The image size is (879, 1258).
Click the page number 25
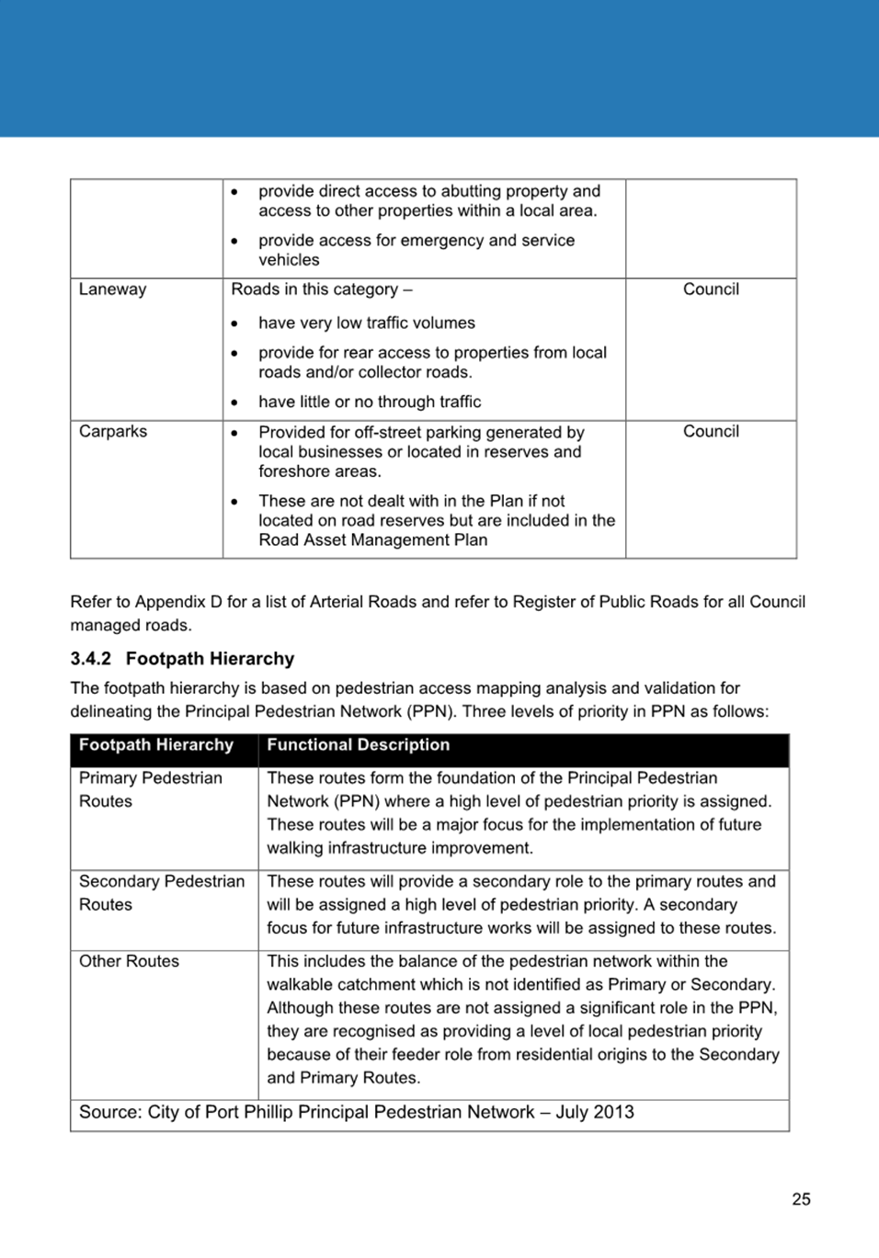coord(801,1199)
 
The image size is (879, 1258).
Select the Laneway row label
coord(112,289)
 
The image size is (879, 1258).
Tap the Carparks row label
coord(113,432)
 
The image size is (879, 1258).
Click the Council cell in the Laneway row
coord(711,289)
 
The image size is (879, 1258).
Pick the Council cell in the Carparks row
coord(711,432)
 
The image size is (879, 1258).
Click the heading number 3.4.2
coord(90,659)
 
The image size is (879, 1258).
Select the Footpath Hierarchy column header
coord(156,745)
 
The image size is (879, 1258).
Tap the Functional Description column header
coord(358,745)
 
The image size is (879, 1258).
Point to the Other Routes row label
coord(129,961)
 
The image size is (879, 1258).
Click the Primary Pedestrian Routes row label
coord(150,789)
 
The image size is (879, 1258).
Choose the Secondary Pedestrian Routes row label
coord(161,892)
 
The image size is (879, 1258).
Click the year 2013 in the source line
coord(614,1113)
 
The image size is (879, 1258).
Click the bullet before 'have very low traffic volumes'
coord(235,324)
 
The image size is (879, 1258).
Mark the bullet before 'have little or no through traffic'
coord(235,402)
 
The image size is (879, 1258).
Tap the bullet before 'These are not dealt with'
coord(235,502)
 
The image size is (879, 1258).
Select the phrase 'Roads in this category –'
coord(322,289)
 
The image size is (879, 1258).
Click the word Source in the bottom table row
coord(109,1113)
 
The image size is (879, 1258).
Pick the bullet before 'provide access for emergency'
coord(235,241)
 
